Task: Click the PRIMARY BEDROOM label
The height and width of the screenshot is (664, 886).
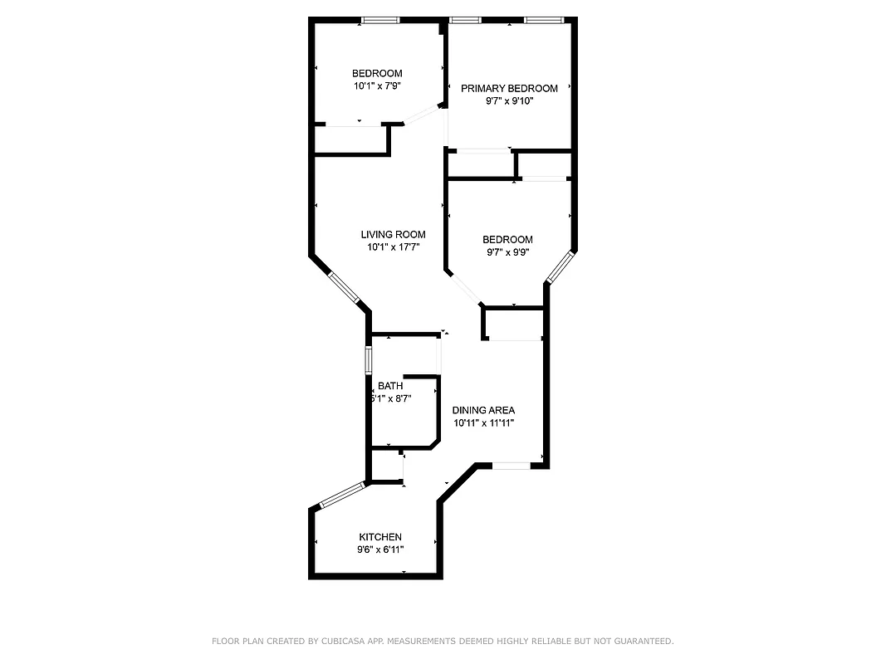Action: (509, 89)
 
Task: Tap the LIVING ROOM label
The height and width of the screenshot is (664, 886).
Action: (393, 235)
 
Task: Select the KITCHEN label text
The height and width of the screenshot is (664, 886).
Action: (380, 537)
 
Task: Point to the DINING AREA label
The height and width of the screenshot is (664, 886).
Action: (483, 410)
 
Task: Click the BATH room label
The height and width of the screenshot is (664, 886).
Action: (390, 386)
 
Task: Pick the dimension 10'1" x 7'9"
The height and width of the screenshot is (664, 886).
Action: (377, 85)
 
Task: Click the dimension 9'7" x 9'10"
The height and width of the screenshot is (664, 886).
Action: (509, 101)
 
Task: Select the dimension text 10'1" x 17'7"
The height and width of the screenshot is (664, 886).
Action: (393, 247)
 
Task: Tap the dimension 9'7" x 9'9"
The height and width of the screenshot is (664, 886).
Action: (507, 252)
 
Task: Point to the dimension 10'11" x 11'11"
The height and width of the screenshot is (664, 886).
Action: (483, 422)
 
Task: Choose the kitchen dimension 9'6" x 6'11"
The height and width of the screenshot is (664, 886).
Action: (380, 549)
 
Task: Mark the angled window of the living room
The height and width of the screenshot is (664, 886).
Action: (344, 287)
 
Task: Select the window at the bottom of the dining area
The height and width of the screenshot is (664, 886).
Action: (511, 466)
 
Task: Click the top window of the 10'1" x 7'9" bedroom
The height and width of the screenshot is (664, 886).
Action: (381, 20)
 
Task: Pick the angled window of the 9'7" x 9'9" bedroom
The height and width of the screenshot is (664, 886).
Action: (560, 266)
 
